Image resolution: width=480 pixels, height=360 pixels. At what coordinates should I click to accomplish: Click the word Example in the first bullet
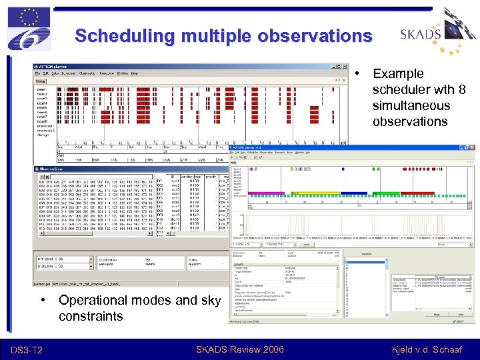pyautogui.click(x=398, y=73)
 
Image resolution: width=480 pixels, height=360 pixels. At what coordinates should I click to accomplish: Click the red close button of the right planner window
pyautogui.click(x=473, y=149)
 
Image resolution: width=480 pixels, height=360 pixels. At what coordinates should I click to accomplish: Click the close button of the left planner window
pyautogui.click(x=345, y=67)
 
